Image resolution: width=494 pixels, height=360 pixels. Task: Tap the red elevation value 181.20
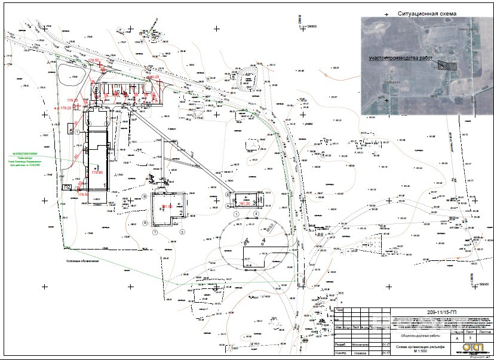244,203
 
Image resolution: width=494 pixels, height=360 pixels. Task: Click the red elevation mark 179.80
97,173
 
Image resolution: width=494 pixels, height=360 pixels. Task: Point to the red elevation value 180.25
154,78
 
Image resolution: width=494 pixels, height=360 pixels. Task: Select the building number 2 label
180,212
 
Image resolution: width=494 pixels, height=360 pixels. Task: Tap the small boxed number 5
70,130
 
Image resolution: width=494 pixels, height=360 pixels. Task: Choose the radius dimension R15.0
270,227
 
